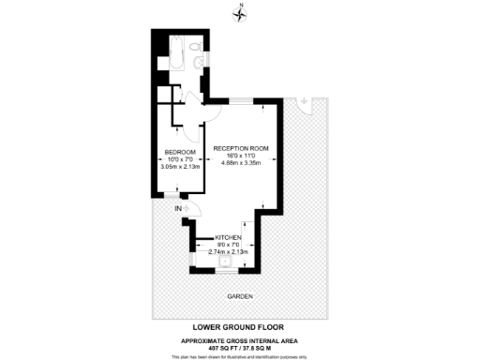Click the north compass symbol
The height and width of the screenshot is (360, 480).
point(241,12)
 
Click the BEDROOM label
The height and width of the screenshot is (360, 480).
point(180,153)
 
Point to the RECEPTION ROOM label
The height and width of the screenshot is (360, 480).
point(241,149)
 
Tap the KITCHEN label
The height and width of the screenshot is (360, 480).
point(229,238)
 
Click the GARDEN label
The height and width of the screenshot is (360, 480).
point(241,296)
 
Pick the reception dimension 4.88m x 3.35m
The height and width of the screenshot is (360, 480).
point(241,163)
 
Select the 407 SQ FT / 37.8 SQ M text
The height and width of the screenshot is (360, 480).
point(240,347)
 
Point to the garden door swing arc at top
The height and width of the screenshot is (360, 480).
point(305,105)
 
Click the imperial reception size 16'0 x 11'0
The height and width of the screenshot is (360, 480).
point(241,156)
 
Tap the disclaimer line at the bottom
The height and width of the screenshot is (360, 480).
point(240,356)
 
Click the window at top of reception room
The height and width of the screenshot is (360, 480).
point(242,101)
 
